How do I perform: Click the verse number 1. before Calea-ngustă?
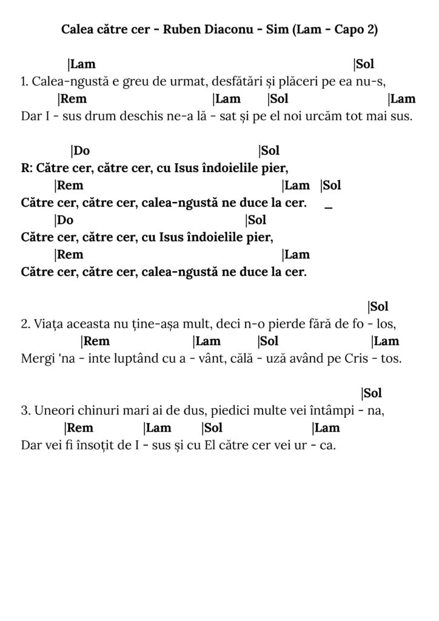25,81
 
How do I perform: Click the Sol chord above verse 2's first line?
378,307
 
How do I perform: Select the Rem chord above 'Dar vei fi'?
79,428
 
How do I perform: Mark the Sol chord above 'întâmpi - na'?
372,394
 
